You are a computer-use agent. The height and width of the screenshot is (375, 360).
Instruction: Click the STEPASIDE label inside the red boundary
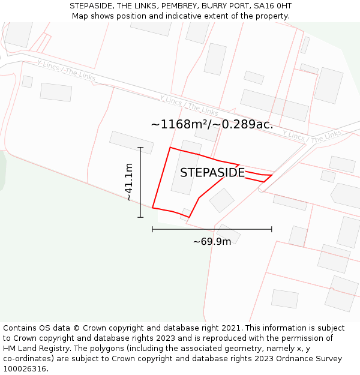(x=212, y=173)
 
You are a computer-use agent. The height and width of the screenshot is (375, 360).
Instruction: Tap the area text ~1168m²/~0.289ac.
(x=212, y=125)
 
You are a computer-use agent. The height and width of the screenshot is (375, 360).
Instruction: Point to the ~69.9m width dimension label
(x=212, y=242)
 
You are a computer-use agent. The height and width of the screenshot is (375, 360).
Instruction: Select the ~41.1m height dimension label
(x=128, y=182)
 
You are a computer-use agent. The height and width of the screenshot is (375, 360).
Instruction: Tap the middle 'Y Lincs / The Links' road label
(x=189, y=106)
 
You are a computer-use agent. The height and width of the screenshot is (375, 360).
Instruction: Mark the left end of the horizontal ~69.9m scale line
(x=152, y=229)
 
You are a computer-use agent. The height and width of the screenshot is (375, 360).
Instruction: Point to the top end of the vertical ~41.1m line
(x=140, y=147)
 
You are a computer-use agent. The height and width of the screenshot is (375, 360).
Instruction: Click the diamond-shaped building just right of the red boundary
(x=221, y=200)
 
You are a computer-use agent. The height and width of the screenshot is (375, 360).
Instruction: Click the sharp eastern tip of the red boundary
(x=272, y=175)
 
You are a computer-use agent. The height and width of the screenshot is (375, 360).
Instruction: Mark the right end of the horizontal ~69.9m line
(x=272, y=229)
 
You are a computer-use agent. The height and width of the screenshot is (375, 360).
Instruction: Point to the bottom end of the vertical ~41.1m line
(x=140, y=217)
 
